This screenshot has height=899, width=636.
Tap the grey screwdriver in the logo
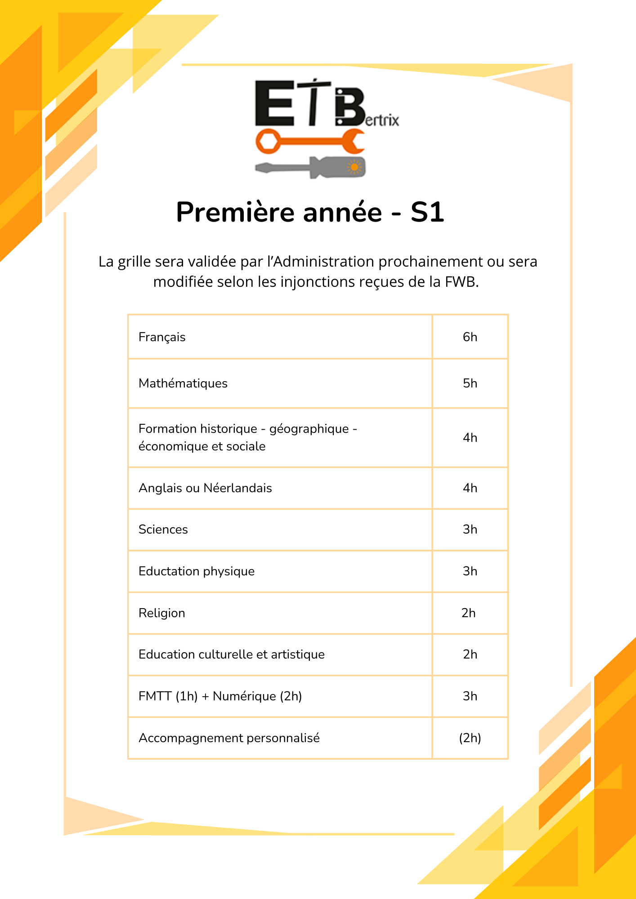coord(310,168)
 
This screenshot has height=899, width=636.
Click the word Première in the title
coord(234,212)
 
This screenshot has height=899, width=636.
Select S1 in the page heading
coord(427,212)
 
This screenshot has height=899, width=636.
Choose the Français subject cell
coord(162,337)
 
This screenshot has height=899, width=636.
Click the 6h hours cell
coord(470,337)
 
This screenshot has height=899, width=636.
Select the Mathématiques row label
coord(183,383)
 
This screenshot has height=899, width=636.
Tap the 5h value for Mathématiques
coord(470,383)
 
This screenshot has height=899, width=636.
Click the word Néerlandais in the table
coord(237,488)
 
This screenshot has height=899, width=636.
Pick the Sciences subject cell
coord(163,530)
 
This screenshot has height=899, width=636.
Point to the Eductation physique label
coord(197,571)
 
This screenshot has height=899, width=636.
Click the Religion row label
coord(162,613)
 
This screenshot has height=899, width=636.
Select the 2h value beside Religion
coord(469,613)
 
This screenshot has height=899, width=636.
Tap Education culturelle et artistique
coord(232,654)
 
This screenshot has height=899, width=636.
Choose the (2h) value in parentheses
coord(470,738)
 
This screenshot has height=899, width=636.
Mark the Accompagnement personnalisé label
coord(229,738)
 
